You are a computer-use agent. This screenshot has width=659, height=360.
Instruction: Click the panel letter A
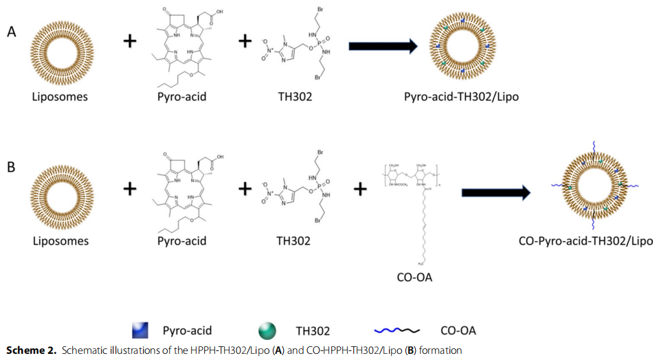[12, 32]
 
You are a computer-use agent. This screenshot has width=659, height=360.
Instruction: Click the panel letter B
[12, 166]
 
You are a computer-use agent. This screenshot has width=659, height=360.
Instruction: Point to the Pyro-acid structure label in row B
[182, 241]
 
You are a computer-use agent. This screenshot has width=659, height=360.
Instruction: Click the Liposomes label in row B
[60, 241]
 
